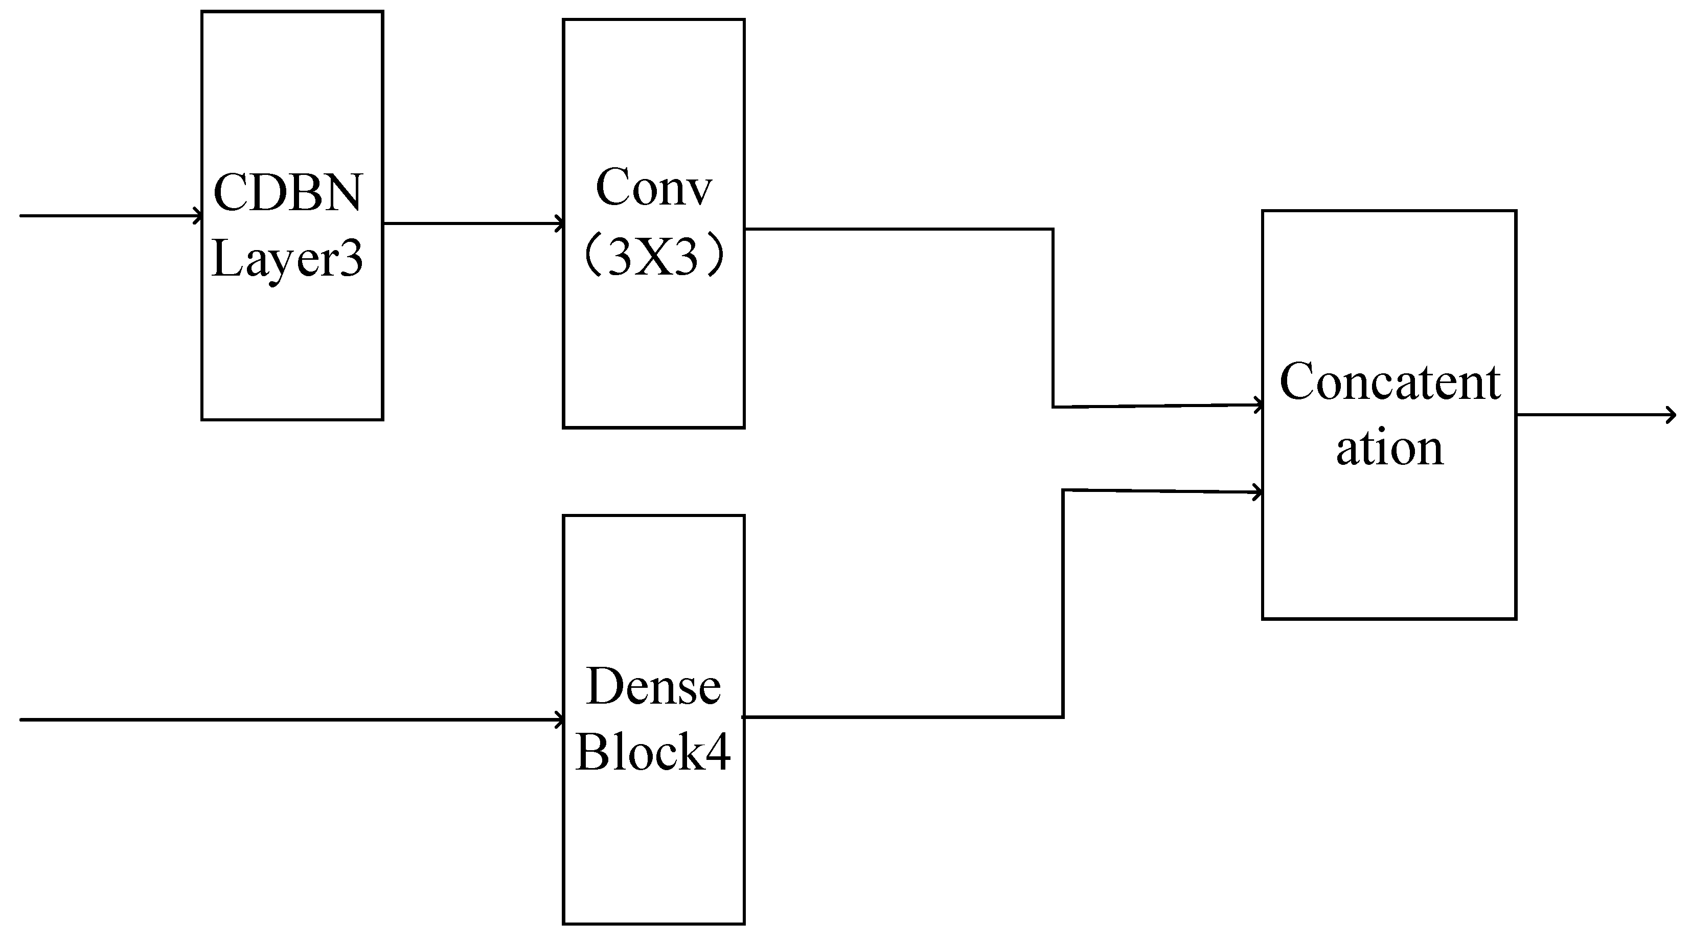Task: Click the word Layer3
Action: coord(287,259)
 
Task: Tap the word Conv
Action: coord(653,187)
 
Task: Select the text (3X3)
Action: coord(653,256)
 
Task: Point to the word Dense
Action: coord(653,687)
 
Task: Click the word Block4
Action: coord(653,752)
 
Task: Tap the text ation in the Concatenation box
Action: coord(1390,448)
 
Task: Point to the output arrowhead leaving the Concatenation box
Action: coord(1671,415)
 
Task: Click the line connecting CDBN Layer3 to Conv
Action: coord(473,224)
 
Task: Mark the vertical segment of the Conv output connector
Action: coord(1054,319)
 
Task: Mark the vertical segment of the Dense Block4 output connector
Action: coord(1063,604)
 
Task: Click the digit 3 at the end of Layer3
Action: coord(352,259)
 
